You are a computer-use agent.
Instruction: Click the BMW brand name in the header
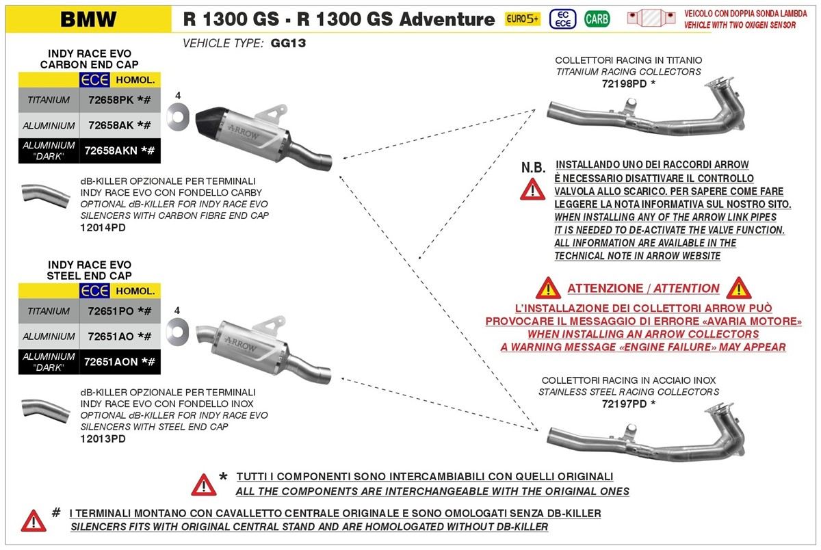(x=88, y=18)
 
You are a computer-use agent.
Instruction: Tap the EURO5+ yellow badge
(x=521, y=18)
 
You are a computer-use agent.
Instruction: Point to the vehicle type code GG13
(x=288, y=43)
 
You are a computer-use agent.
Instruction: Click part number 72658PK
(x=110, y=100)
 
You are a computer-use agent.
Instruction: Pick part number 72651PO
(x=110, y=311)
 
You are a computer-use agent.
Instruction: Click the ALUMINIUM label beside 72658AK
(x=49, y=126)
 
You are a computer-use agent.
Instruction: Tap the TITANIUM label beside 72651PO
(x=49, y=311)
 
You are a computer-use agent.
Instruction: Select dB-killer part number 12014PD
(x=103, y=227)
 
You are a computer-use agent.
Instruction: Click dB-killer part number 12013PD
(x=103, y=438)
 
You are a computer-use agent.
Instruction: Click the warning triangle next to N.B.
(x=532, y=188)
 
